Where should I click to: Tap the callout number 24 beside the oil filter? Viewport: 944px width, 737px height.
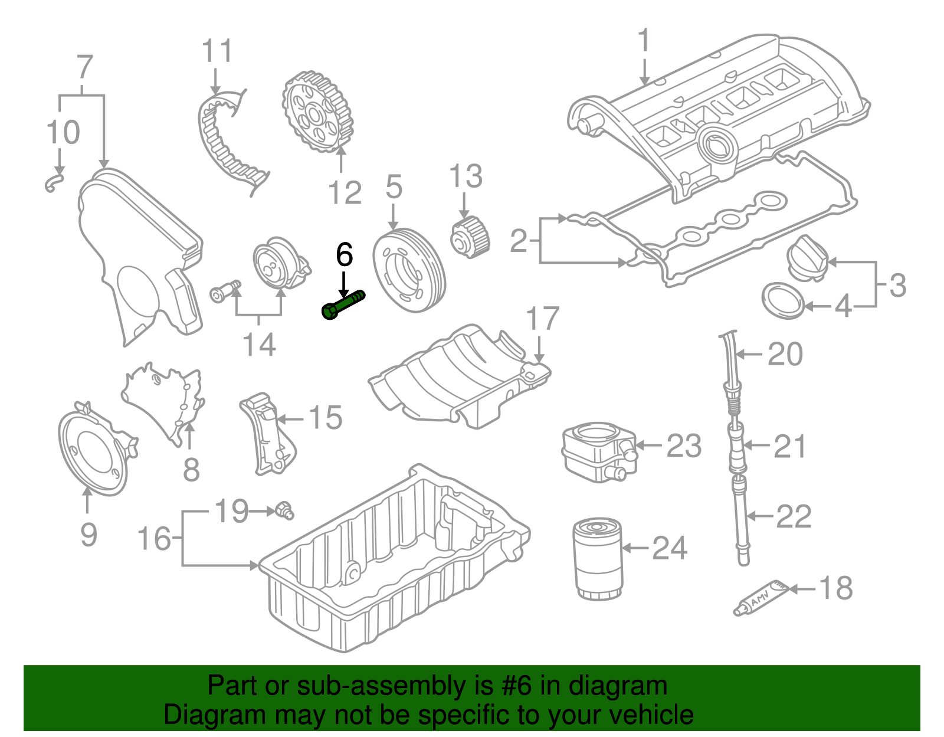click(x=669, y=548)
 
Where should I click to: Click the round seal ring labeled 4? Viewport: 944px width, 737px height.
click(x=783, y=301)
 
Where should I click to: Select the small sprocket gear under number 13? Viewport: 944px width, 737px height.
click(x=470, y=238)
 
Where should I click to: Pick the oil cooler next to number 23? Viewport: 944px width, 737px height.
click(x=598, y=451)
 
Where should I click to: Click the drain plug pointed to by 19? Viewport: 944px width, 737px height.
click(x=284, y=510)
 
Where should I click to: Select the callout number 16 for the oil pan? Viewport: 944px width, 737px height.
click(x=154, y=539)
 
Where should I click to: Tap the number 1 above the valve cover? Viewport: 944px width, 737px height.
click(x=644, y=41)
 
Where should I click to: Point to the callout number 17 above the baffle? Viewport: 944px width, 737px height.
click(x=542, y=319)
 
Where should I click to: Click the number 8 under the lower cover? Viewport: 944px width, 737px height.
click(x=191, y=470)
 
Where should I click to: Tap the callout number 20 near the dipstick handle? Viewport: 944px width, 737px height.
click(x=785, y=354)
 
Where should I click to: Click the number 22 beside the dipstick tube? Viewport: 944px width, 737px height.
click(x=793, y=516)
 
